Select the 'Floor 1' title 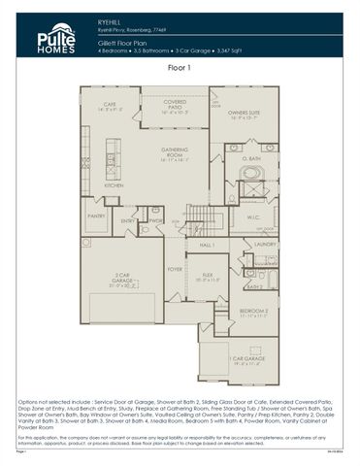(180, 68)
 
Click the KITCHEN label (114, 184)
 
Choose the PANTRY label (96, 216)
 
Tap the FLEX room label (207, 275)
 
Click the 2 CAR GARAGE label (117, 281)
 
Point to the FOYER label (174, 269)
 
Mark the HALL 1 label (207, 246)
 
